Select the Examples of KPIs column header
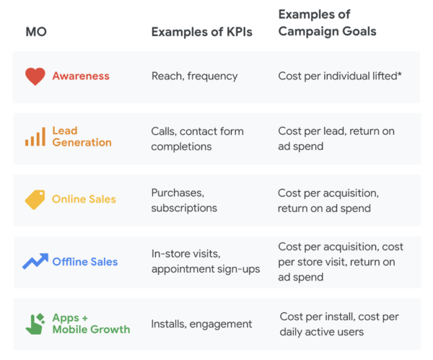point(201,32)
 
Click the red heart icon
point(35,76)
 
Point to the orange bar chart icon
point(35,136)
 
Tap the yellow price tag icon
point(35,200)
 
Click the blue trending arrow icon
point(35,262)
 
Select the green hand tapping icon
point(35,323)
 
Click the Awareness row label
point(81,76)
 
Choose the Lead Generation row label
point(82,136)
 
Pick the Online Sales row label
point(84,200)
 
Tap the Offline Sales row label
point(84,262)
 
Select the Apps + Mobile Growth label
point(91,323)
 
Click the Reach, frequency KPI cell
point(194,76)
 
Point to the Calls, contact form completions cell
point(197,138)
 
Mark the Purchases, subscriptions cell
point(184,200)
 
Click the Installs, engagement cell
point(201,324)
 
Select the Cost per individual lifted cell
point(341,76)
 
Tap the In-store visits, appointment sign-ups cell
point(205,262)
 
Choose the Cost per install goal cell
point(339,324)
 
